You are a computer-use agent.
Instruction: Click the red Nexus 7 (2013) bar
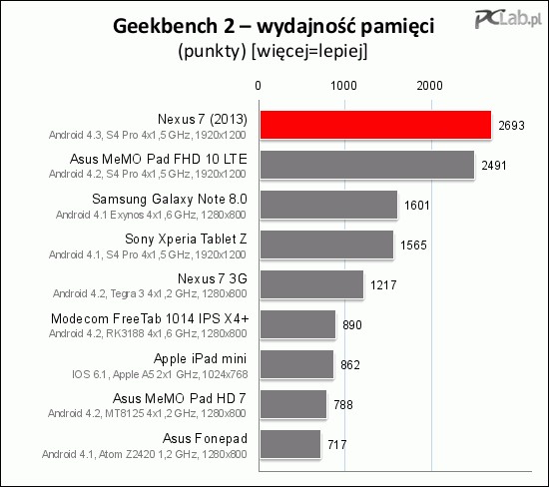(x=375, y=125)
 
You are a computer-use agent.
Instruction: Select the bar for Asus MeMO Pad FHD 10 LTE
(x=367, y=165)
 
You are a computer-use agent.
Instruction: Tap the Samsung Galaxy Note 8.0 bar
(x=328, y=205)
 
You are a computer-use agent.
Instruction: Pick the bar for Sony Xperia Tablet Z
(x=326, y=244)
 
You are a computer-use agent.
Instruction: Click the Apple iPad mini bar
(x=296, y=364)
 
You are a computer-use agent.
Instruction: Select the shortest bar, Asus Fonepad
(x=290, y=444)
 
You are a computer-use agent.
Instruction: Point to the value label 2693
(x=511, y=126)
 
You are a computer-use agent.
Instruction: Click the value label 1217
(x=383, y=285)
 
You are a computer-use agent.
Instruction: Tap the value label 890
(x=352, y=325)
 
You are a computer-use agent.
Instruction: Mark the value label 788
(x=343, y=405)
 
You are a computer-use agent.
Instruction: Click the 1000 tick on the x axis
(x=344, y=86)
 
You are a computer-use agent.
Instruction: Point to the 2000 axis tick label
(x=429, y=86)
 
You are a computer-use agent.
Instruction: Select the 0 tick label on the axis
(x=259, y=86)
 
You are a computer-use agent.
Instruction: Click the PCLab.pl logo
(x=508, y=19)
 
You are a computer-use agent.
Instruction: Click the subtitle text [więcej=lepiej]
(x=309, y=52)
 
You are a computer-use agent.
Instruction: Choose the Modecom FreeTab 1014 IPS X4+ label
(x=150, y=318)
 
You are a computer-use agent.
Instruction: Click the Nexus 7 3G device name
(x=213, y=278)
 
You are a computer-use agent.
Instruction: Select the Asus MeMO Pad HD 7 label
(x=180, y=398)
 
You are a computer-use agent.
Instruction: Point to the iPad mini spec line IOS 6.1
(x=160, y=374)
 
